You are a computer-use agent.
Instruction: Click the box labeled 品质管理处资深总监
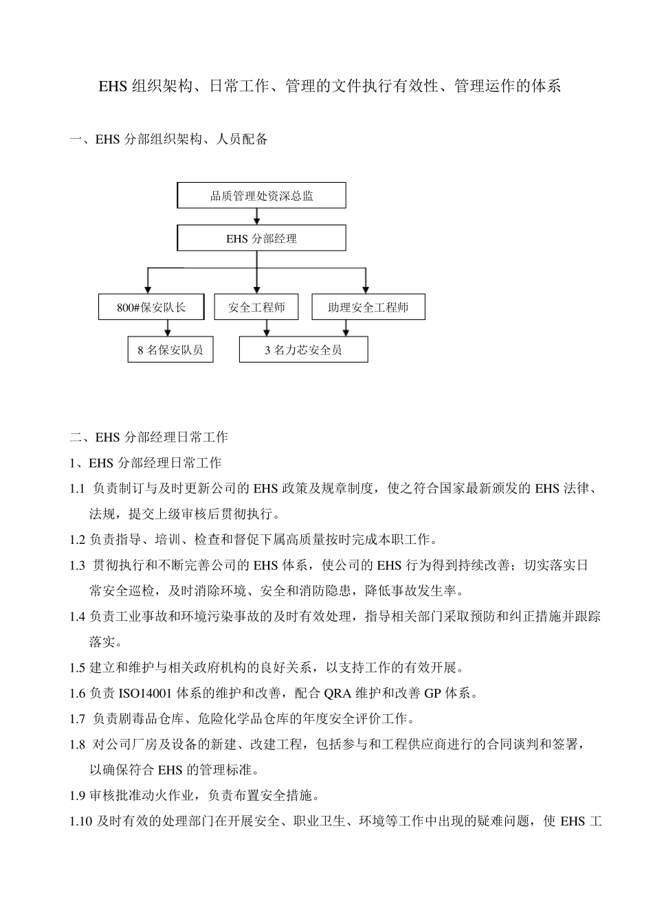261,196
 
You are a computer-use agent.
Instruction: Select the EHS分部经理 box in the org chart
261,239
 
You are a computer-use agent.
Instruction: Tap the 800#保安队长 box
151,307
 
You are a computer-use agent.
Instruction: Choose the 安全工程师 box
256,307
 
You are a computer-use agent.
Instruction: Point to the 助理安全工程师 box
368,307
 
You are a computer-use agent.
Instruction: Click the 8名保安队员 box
170,350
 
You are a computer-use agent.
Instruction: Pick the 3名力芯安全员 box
303,350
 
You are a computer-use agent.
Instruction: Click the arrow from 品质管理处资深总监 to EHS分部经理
257,216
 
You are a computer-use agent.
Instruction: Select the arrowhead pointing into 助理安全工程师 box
366,290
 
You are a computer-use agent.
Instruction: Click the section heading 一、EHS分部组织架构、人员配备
168,139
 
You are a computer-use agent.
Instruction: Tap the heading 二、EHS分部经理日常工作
149,437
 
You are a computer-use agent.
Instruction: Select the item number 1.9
78,796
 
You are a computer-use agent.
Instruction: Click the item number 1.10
80,821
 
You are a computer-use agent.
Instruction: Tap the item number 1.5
78,668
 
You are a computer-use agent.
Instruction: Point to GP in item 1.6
432,693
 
